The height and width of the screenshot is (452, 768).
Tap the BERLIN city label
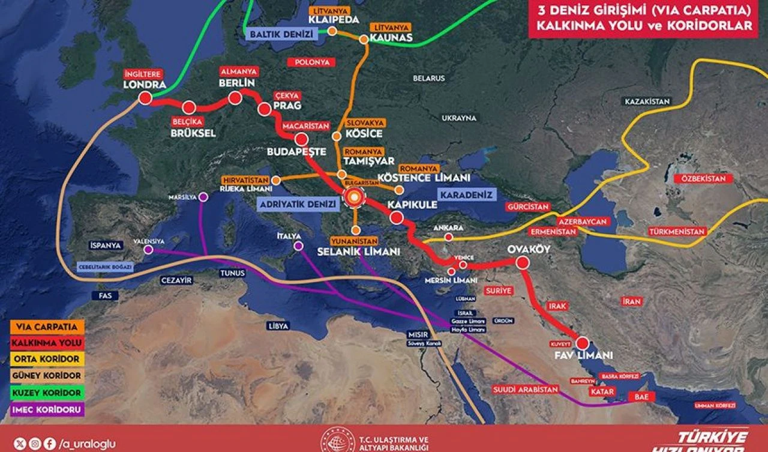[x=238, y=83]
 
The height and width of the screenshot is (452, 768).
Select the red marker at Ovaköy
[x=522, y=262]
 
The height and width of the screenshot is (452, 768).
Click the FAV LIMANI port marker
[x=581, y=343]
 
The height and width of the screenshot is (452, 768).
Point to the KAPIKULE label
[x=412, y=205]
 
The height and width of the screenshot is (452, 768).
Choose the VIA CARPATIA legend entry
[x=47, y=327]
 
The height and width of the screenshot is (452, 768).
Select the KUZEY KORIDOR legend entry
[x=47, y=393]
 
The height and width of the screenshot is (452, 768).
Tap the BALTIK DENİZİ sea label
[x=281, y=34]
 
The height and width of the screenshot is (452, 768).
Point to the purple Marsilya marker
[x=203, y=197]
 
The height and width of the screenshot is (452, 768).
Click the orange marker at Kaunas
[x=364, y=40]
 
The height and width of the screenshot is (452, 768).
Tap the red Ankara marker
[x=448, y=238]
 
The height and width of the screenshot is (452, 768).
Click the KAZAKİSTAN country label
[x=647, y=101]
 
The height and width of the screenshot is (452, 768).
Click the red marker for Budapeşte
[x=302, y=139]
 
